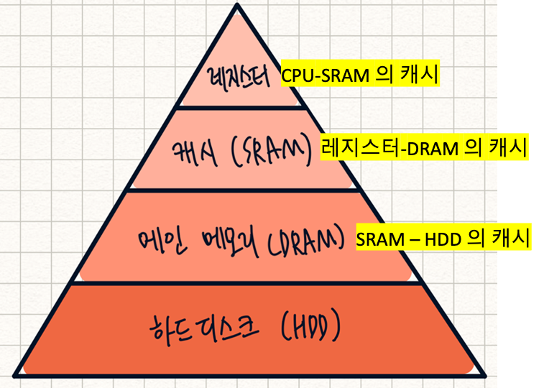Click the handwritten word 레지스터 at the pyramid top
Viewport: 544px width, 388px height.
pos(237,77)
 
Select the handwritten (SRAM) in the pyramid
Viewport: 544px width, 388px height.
pos(269,149)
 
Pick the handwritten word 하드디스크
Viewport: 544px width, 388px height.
pos(199,331)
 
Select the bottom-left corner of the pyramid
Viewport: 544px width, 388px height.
pos(15,374)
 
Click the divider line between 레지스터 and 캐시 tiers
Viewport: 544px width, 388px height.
pos(237,107)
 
